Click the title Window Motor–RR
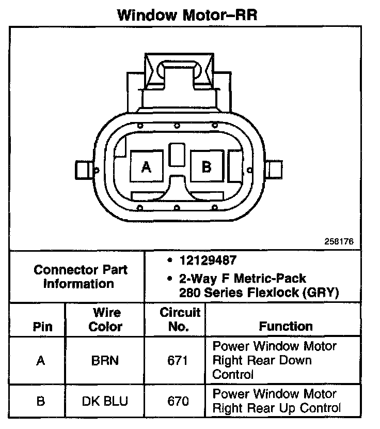[187, 14]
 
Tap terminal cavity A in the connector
[147, 166]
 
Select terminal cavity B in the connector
[207, 166]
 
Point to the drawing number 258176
[339, 241]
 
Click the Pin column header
[42, 327]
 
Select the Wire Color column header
[105, 319]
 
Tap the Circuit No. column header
[179, 319]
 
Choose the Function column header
[286, 326]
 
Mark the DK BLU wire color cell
[105, 401]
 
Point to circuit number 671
[178, 360]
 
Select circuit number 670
[178, 401]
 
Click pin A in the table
[41, 360]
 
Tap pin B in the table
[41, 401]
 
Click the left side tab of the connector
[83, 169]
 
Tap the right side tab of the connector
[275, 169]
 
